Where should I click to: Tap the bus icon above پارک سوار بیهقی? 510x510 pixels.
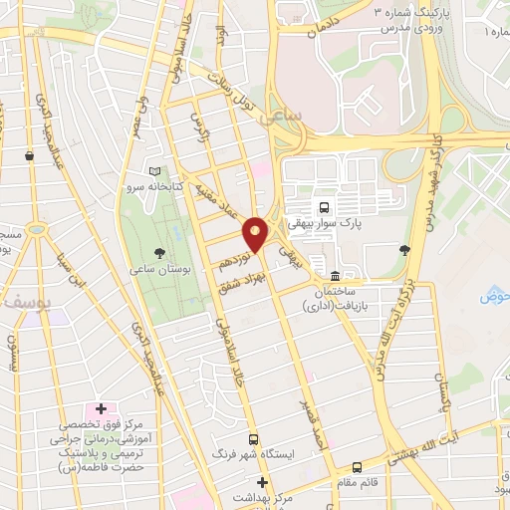(323, 207)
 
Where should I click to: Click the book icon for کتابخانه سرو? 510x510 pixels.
(154, 171)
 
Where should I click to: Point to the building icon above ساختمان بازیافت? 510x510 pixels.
(334, 274)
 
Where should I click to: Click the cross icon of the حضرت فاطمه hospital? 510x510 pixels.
(101, 408)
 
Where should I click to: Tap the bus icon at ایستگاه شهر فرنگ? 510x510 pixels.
(254, 438)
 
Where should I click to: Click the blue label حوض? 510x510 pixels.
(494, 296)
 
